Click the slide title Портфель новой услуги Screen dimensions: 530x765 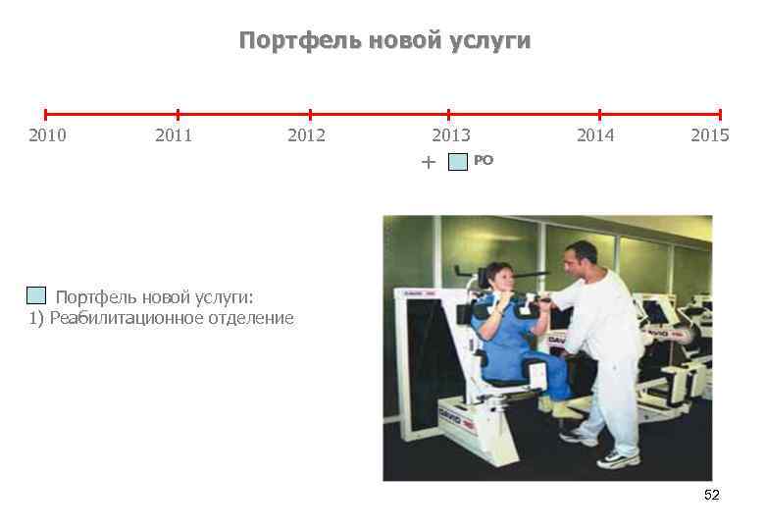pyautogui.click(x=384, y=41)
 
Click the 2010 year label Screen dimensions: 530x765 pyautogui.click(x=47, y=135)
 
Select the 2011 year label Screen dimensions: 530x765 pyautogui.click(x=174, y=135)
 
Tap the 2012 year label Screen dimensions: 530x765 pyautogui.click(x=306, y=135)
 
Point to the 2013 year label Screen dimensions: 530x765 pyautogui.click(x=451, y=135)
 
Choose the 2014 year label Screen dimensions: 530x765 pyautogui.click(x=595, y=135)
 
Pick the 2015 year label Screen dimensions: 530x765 pyautogui.click(x=709, y=135)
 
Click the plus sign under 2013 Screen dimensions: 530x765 pyautogui.click(x=427, y=162)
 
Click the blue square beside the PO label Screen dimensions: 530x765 pyautogui.click(x=458, y=162)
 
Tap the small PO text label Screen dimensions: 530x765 pyautogui.click(x=484, y=159)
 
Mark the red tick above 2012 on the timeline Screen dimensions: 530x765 pyautogui.click(x=310, y=115)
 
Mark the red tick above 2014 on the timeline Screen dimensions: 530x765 pyautogui.click(x=599, y=115)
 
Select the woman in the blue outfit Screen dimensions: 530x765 pyautogui.click(x=510, y=334)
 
